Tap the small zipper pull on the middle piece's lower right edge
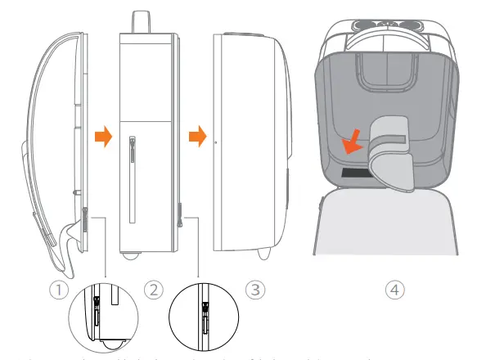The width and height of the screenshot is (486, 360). [x=181, y=220]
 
